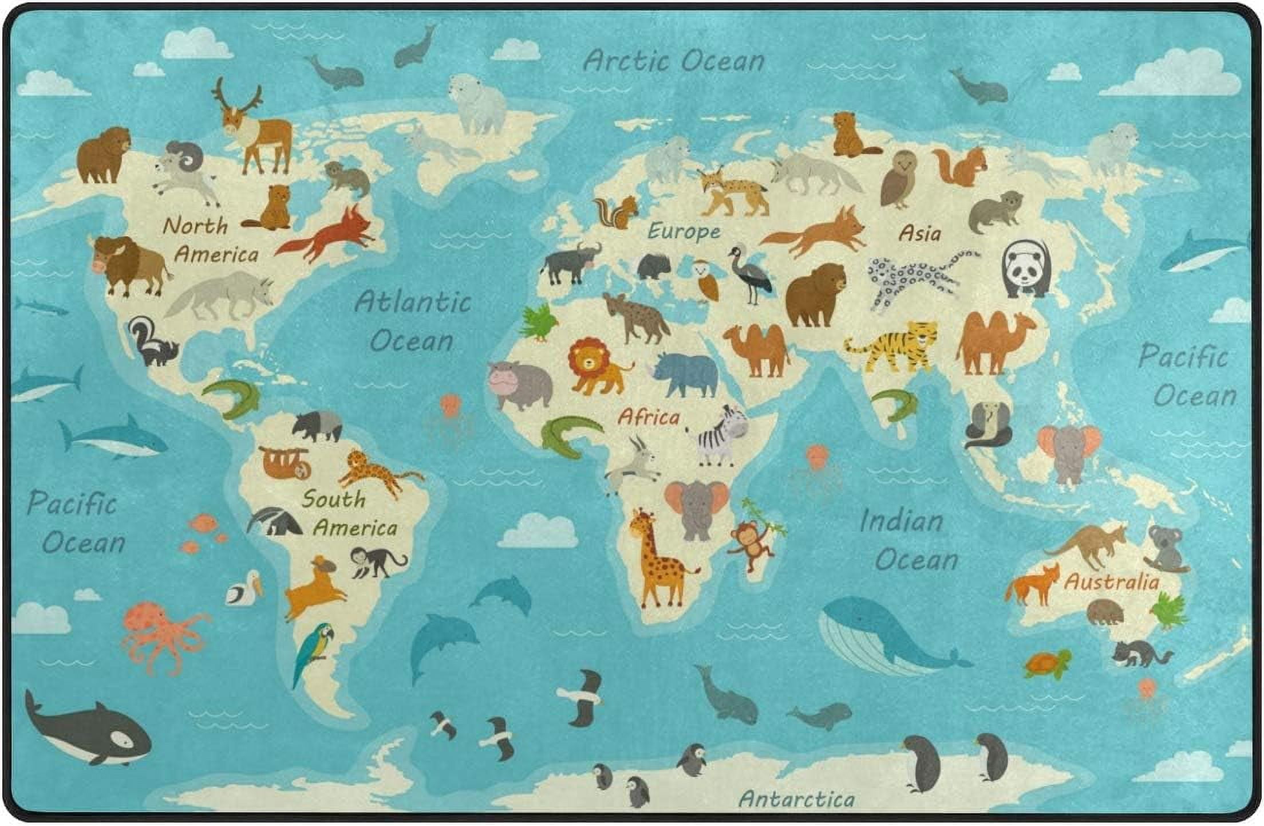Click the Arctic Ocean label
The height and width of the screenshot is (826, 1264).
673,61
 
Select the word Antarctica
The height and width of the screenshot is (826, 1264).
796,798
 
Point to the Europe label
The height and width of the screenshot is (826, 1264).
684,231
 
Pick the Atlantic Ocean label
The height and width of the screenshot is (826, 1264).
412,321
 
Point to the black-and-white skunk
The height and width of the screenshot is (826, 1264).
150,343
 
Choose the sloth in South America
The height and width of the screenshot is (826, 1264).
286,463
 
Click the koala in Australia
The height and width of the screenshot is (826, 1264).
1166,549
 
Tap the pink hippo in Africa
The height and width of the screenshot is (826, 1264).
519,384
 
